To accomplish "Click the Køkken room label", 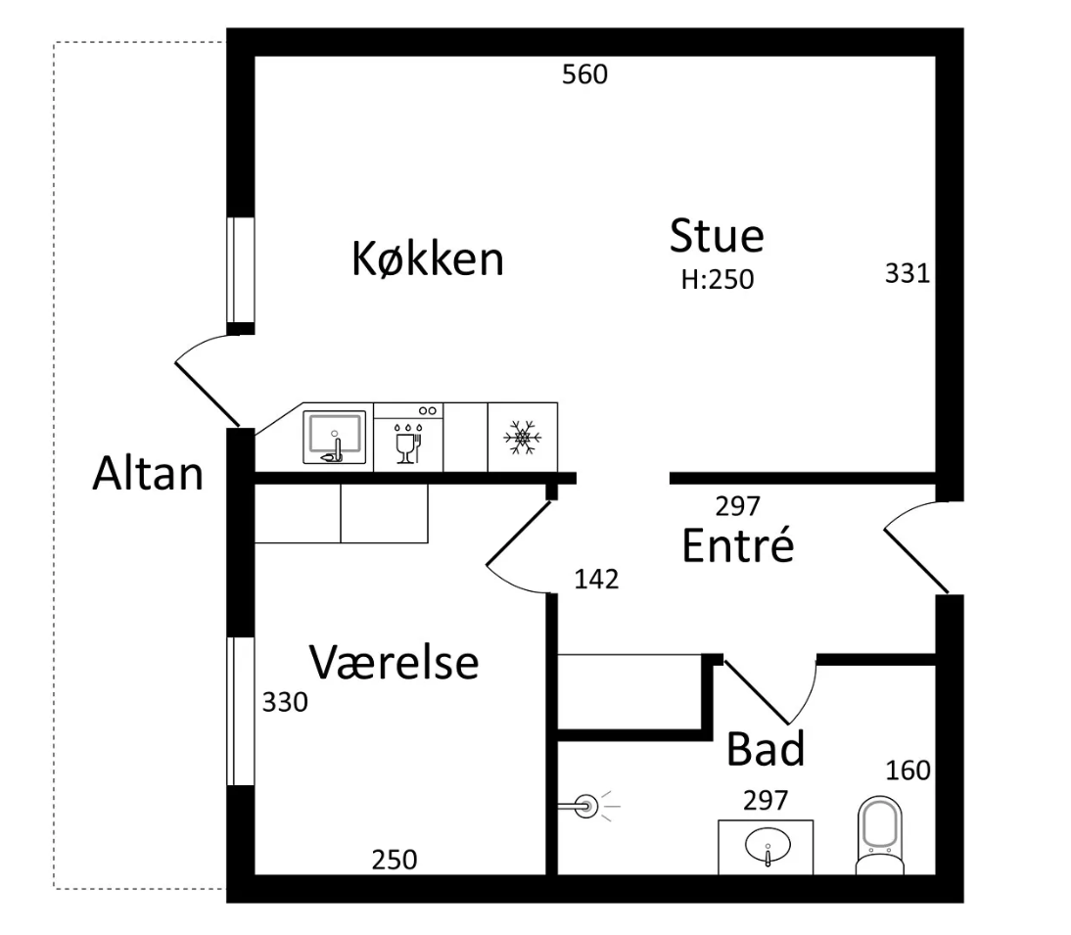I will click(x=428, y=260).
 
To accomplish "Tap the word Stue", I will click(x=717, y=236).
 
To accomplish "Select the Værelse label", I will click(x=395, y=663).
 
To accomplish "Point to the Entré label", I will click(x=737, y=546).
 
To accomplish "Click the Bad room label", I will click(x=766, y=750).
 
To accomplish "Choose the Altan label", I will click(x=148, y=475).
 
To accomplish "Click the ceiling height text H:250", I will click(x=718, y=280).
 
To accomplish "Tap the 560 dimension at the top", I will click(x=584, y=74).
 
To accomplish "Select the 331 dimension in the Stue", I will click(x=907, y=273).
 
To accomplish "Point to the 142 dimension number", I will click(x=596, y=580).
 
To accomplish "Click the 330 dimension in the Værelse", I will click(x=285, y=702).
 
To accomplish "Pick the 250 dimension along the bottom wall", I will click(x=394, y=860).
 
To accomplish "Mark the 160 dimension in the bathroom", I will click(x=908, y=771).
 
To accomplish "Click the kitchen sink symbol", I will click(x=334, y=437).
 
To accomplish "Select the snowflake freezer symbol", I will click(x=522, y=437).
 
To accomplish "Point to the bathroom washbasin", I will click(x=767, y=847).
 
